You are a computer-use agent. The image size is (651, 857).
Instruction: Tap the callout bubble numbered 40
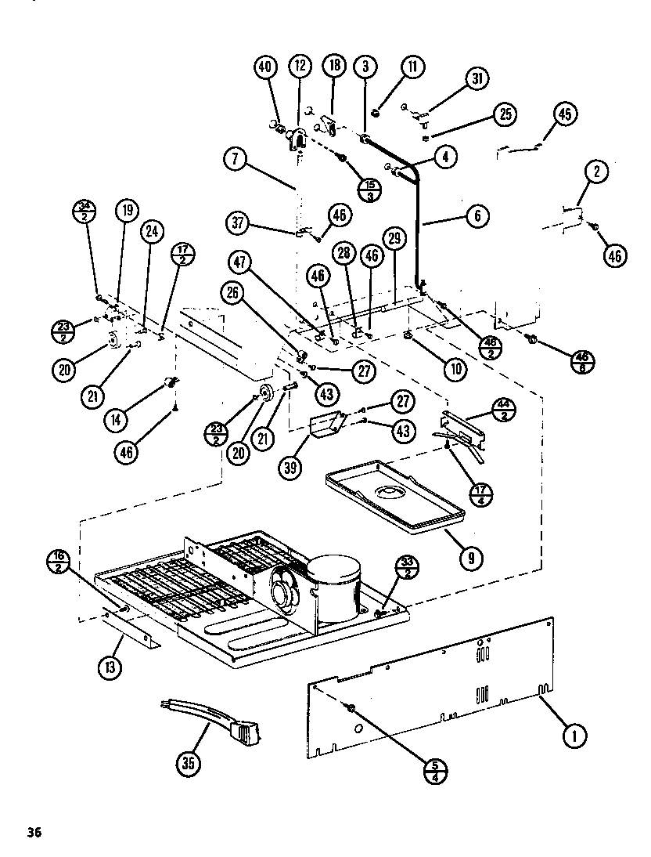click(x=266, y=67)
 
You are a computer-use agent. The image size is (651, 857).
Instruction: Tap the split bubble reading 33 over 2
click(x=408, y=567)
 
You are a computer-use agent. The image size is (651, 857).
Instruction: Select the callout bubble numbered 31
click(x=477, y=78)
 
